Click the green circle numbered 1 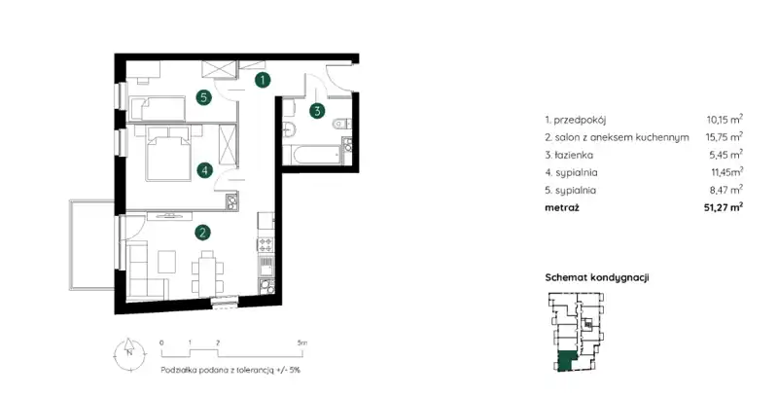pos(263,80)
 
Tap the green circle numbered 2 pos(202,233)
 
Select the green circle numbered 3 pos(318,111)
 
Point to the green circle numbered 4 pos(204,171)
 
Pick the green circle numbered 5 pos(203,97)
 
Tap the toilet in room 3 pos(341,122)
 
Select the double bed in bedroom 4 pos(167,153)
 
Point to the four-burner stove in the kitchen pos(265,244)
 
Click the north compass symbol pos(128,352)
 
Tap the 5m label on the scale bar pos(301,343)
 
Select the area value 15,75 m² pos(725,136)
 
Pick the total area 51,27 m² pos(724,207)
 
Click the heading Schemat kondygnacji pos(597,277)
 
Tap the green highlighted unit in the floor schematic pos(565,361)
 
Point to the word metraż pos(562,207)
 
